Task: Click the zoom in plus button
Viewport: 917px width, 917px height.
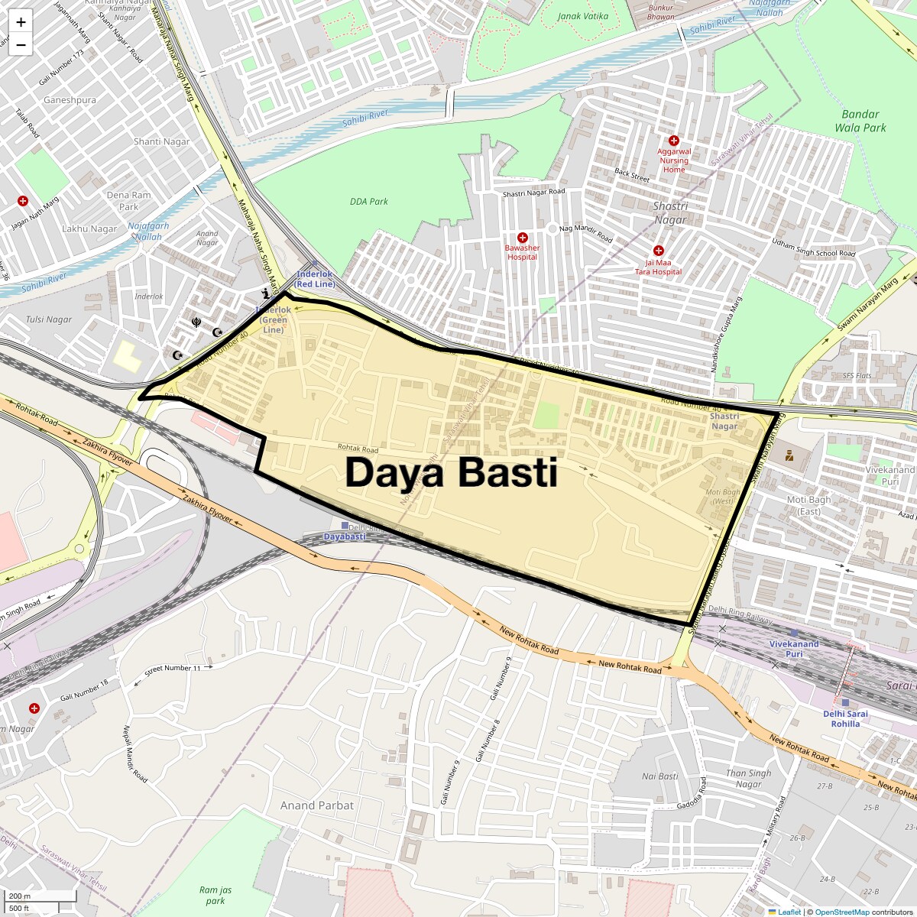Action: pyautogui.click(x=21, y=22)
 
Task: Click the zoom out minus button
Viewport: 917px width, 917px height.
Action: pyautogui.click(x=21, y=45)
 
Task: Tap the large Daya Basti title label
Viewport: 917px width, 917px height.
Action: pyautogui.click(x=451, y=473)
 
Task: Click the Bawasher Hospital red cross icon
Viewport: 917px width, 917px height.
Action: pyautogui.click(x=523, y=238)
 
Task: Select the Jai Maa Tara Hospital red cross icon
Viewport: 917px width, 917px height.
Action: pyautogui.click(x=659, y=251)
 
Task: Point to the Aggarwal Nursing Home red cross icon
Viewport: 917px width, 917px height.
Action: pyautogui.click(x=674, y=141)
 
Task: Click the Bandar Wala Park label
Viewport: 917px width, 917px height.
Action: pyautogui.click(x=860, y=121)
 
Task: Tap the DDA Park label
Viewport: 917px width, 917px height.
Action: pyautogui.click(x=369, y=202)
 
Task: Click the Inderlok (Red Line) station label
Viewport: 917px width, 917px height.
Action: pyautogui.click(x=315, y=279)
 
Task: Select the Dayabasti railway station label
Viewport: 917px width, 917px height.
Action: pyautogui.click(x=344, y=536)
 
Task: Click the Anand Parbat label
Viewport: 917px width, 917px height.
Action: pyautogui.click(x=317, y=805)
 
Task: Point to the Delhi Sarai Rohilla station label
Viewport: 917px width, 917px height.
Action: pyautogui.click(x=846, y=719)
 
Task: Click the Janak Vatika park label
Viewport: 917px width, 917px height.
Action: pyautogui.click(x=583, y=16)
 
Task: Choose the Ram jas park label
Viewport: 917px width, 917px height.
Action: pyautogui.click(x=215, y=895)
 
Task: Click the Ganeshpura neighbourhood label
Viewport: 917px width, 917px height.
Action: pyautogui.click(x=70, y=100)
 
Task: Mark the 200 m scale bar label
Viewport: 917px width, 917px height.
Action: pyautogui.click(x=21, y=896)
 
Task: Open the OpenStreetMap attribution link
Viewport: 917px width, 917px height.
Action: pyautogui.click(x=841, y=912)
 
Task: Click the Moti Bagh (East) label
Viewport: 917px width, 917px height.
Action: pyautogui.click(x=808, y=505)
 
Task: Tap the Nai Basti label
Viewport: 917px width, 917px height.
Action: pyautogui.click(x=659, y=776)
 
